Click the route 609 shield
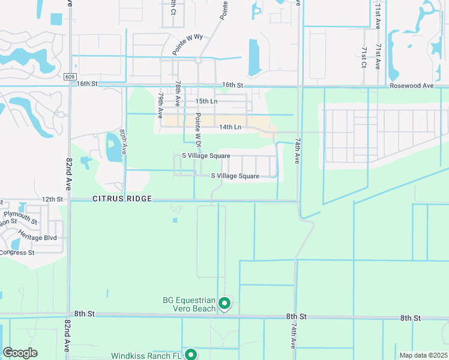click(x=71, y=76)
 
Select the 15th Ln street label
click(x=205, y=101)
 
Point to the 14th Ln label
click(x=230, y=127)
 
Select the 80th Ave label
click(x=122, y=142)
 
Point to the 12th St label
click(x=52, y=199)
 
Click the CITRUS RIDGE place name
click(x=122, y=199)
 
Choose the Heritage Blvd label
click(x=37, y=235)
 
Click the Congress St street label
click(x=17, y=252)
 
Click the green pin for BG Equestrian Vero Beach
click(x=224, y=304)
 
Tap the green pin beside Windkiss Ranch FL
click(x=191, y=355)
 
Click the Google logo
click(x=20, y=353)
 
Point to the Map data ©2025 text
click(x=423, y=355)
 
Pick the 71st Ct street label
click(x=364, y=56)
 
